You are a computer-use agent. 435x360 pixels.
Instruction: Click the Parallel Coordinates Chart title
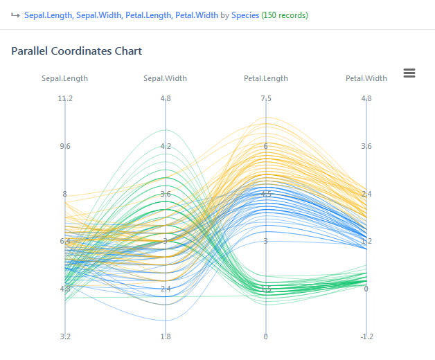point(76,51)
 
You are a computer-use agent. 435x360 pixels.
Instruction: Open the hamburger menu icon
point(409,73)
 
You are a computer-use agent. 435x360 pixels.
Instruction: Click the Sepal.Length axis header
point(65,78)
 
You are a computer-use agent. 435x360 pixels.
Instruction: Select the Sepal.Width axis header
point(165,78)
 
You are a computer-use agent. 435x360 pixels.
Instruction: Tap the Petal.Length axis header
point(266,78)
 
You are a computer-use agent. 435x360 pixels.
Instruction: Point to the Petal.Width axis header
point(366,78)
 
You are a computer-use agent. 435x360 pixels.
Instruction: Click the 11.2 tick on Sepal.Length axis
point(65,98)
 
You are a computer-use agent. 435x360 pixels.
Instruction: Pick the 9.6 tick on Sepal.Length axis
point(65,146)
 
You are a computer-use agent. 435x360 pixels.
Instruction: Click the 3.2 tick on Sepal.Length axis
point(65,336)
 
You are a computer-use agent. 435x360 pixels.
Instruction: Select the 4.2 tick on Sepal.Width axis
point(166,146)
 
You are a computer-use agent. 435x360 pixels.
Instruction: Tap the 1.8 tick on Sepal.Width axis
point(166,336)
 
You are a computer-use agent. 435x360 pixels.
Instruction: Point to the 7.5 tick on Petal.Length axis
point(266,98)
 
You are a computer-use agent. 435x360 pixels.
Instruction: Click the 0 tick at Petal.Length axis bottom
point(266,336)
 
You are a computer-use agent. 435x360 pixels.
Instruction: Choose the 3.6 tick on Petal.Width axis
point(366,146)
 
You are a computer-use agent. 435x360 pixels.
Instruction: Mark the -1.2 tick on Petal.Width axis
point(366,336)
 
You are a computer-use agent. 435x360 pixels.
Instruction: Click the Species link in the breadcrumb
point(245,15)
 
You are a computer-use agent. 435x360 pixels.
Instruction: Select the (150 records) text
point(285,15)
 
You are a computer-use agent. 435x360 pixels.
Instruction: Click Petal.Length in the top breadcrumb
point(149,15)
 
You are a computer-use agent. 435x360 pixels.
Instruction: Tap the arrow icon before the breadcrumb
point(15,15)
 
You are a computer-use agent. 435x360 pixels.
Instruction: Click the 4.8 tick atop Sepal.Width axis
point(166,98)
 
